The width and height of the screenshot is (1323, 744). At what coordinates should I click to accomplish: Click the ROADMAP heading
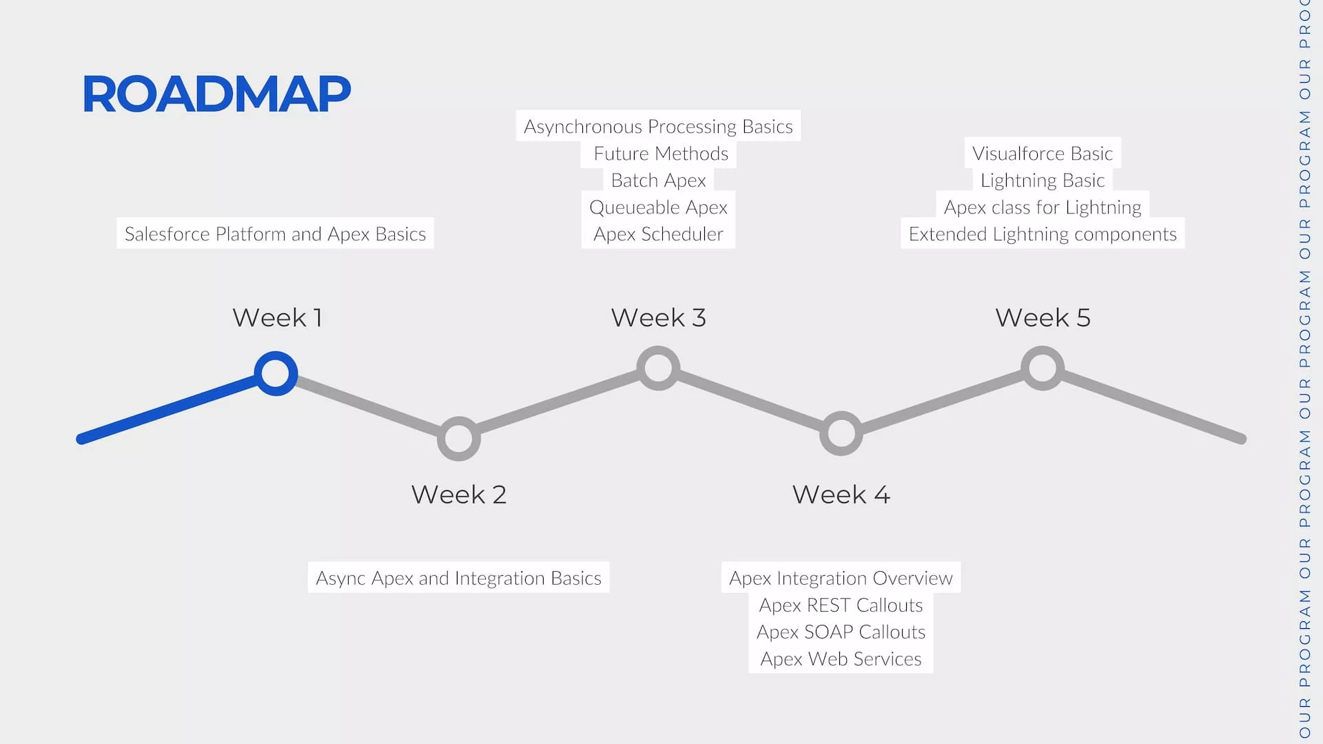click(x=216, y=94)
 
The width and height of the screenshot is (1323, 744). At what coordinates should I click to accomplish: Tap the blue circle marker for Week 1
click(x=276, y=373)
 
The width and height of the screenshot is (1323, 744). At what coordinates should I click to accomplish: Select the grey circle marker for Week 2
click(x=459, y=438)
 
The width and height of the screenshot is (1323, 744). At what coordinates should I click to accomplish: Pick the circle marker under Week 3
click(x=658, y=368)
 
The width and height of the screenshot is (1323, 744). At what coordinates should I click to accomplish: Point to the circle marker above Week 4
click(x=841, y=433)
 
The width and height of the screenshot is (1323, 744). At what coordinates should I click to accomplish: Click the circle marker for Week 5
click(x=1042, y=368)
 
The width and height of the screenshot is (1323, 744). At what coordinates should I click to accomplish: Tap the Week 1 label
click(x=277, y=318)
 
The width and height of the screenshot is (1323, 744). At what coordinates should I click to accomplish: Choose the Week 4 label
click(x=841, y=495)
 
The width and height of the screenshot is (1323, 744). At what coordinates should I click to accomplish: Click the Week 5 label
click(x=1043, y=318)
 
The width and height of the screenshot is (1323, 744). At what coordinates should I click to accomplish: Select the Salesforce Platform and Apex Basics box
click(x=275, y=234)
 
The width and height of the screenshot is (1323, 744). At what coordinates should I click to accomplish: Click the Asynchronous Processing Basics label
click(x=658, y=127)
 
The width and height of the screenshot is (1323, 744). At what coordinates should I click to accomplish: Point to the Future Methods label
click(x=660, y=154)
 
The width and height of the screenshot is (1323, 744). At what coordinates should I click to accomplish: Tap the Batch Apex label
click(x=658, y=180)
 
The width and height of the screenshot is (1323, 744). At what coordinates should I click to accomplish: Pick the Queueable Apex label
click(x=658, y=207)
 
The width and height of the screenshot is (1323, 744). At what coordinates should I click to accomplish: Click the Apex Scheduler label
click(x=658, y=234)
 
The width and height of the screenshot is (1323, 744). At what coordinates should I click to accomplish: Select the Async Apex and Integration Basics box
click(x=458, y=578)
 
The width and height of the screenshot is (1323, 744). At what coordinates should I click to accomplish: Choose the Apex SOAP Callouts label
click(x=841, y=632)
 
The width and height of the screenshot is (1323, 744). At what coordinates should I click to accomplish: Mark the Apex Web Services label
click(x=841, y=659)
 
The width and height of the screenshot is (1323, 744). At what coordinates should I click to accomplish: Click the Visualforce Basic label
click(x=1042, y=154)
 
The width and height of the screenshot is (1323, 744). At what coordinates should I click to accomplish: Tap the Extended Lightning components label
click(x=1042, y=234)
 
